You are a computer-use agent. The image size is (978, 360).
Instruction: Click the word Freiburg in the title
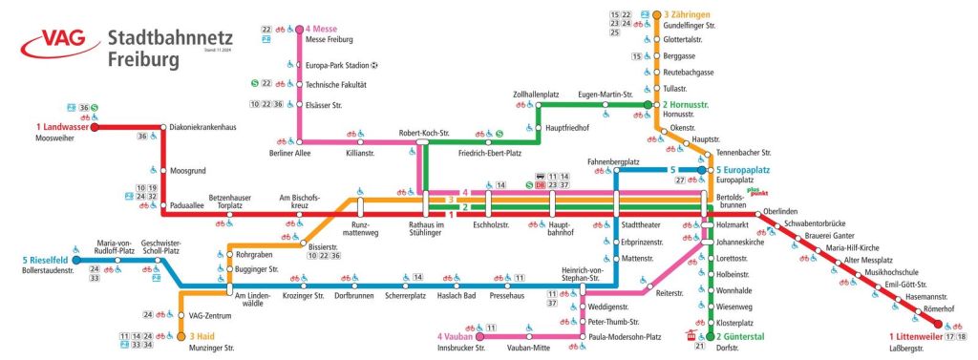(142, 59)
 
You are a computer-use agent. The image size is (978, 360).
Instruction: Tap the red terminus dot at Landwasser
(94, 126)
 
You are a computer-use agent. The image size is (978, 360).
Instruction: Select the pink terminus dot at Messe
(300, 29)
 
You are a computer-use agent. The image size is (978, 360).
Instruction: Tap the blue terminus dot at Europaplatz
(701, 169)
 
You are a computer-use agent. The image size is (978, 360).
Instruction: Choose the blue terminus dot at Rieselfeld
(75, 259)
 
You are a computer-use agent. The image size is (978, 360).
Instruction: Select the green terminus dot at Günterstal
(710, 336)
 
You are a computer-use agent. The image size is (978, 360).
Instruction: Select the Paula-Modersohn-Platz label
(627, 336)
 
